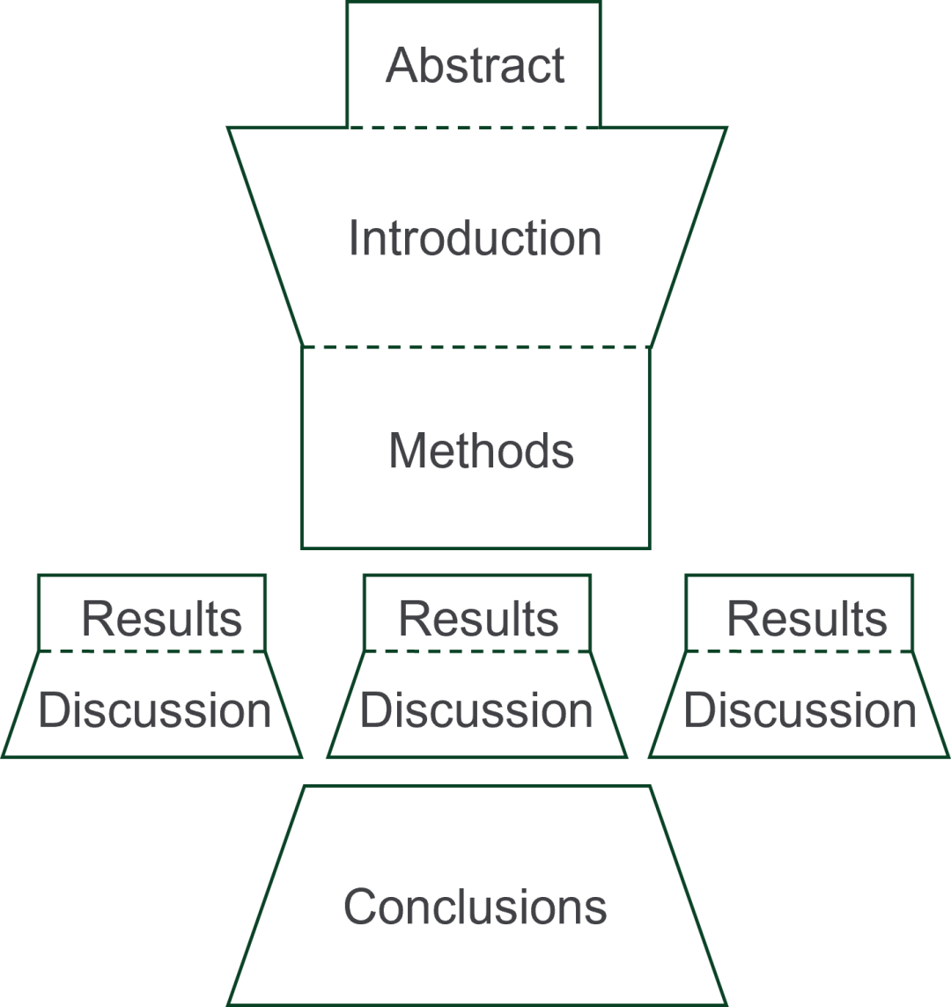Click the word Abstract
pyautogui.click(x=475, y=66)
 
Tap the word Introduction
pyautogui.click(x=475, y=239)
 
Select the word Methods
pyautogui.click(x=481, y=451)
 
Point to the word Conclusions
pyautogui.click(x=475, y=907)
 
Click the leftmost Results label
pyautogui.click(x=161, y=619)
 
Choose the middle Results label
pyautogui.click(x=478, y=619)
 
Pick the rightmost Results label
pyautogui.click(x=807, y=619)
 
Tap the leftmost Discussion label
pyautogui.click(x=155, y=710)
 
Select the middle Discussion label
pyautogui.click(x=476, y=710)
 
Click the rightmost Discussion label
pyautogui.click(x=800, y=710)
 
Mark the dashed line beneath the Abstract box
pyautogui.click(x=475, y=127)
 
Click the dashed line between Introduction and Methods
pyautogui.click(x=476, y=348)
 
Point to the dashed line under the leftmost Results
pyautogui.click(x=152, y=651)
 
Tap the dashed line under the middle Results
pyautogui.click(x=477, y=651)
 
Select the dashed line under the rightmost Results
pyautogui.click(x=800, y=651)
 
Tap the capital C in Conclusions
pyautogui.click(x=358, y=907)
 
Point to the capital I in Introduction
pyautogui.click(x=354, y=239)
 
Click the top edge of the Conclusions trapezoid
pyautogui.click(x=476, y=785)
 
